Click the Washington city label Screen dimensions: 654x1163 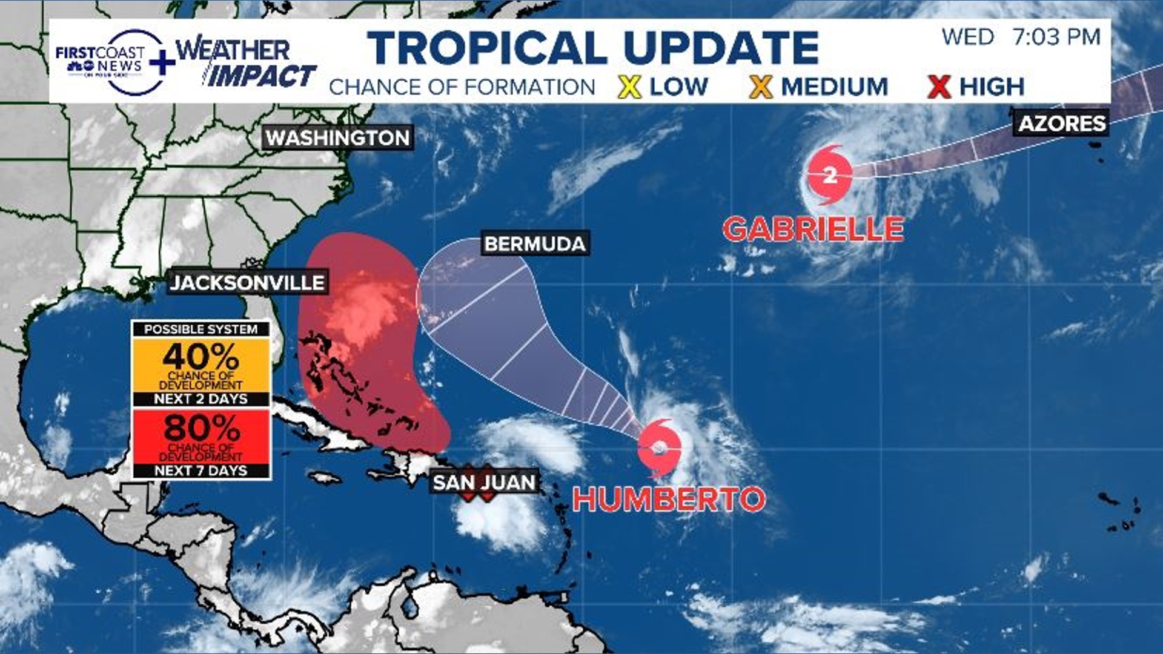[x=338, y=138]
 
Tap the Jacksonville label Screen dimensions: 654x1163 [x=247, y=283]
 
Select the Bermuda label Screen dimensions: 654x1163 [x=535, y=244]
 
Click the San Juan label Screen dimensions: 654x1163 [x=484, y=483]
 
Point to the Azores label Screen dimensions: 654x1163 [x=1062, y=124]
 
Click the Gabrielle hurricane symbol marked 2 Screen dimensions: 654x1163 [x=829, y=175]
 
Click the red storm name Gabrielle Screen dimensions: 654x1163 [x=813, y=230]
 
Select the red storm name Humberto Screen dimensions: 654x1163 [x=669, y=500]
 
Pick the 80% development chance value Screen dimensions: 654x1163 [x=201, y=428]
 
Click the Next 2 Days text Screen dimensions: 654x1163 [x=201, y=399]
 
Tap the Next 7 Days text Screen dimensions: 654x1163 [x=201, y=471]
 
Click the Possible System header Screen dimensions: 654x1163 [x=201, y=329]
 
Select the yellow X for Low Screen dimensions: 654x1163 [x=630, y=87]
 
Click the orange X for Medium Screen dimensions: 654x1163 [x=760, y=87]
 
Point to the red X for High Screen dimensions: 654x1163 [x=938, y=87]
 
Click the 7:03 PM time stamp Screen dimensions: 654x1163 [x=1056, y=37]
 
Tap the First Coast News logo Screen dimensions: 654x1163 [x=109, y=61]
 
